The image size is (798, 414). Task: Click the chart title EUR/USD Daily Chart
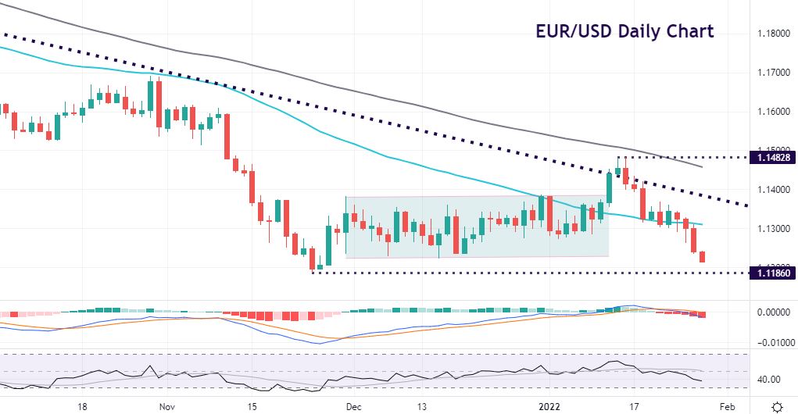coord(624,31)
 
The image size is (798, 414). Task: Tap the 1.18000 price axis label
coord(774,34)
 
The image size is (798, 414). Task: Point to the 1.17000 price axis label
coord(774,73)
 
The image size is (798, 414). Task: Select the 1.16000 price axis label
coord(774,112)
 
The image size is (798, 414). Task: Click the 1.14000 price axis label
coord(774,190)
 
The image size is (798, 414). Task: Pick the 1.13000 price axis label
coord(774,229)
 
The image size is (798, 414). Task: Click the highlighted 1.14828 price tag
coord(772,157)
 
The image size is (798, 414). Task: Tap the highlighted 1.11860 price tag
coord(772,273)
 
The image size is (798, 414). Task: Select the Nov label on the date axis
coord(166,407)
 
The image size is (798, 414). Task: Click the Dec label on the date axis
coord(353,407)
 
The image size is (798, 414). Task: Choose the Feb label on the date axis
coord(726,407)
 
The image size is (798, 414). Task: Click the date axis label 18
coord(81,407)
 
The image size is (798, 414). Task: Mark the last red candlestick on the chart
coord(703,256)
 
